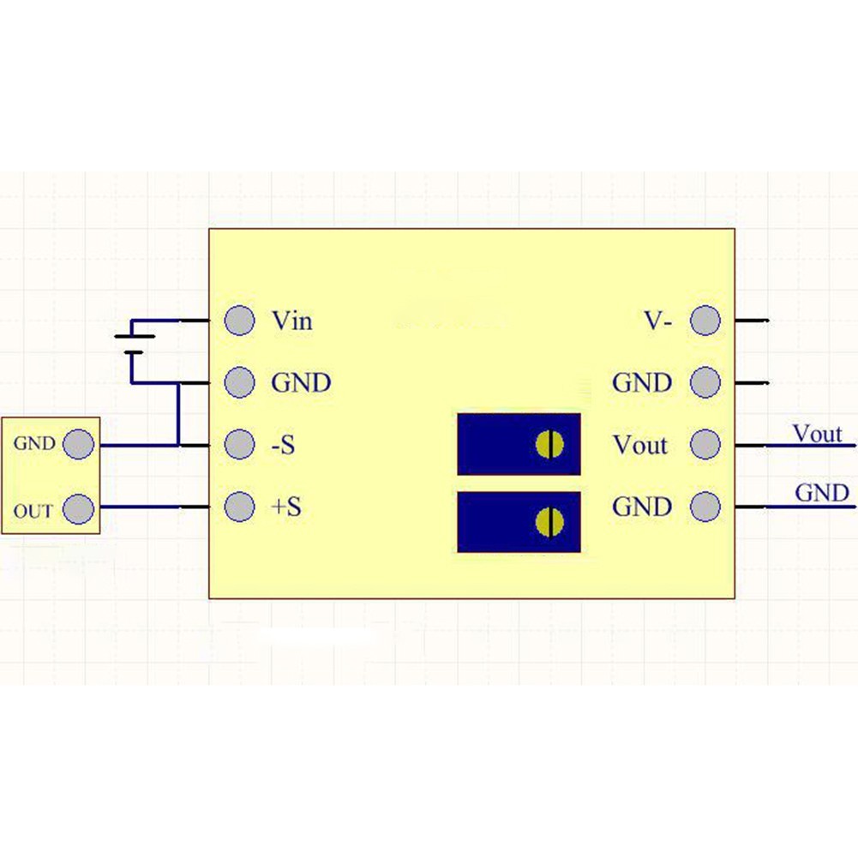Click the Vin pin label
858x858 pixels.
pyautogui.click(x=291, y=321)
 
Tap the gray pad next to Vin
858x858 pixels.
pyautogui.click(x=239, y=321)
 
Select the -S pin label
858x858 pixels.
pyautogui.click(x=283, y=446)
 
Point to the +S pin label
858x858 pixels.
pyautogui.click(x=286, y=507)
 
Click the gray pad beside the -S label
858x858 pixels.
pyautogui.click(x=239, y=445)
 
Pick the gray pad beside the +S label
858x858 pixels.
pyautogui.click(x=239, y=507)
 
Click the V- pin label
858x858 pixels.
pyautogui.click(x=658, y=321)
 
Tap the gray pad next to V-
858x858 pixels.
pyautogui.click(x=705, y=321)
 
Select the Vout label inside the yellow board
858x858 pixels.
pyautogui.click(x=639, y=446)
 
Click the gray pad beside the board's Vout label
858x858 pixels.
pyautogui.click(x=705, y=445)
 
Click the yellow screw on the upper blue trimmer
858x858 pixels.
pyautogui.click(x=549, y=444)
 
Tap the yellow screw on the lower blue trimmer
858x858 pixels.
pyautogui.click(x=549, y=520)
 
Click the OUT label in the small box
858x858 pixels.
pyautogui.click(x=33, y=512)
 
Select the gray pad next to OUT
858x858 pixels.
pyautogui.click(x=79, y=507)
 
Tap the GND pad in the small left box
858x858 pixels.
pyautogui.click(x=79, y=445)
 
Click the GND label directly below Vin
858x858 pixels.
pyautogui.click(x=301, y=383)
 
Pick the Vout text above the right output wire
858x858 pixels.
pyautogui.click(x=817, y=433)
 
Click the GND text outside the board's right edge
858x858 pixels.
pyautogui.click(x=822, y=493)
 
